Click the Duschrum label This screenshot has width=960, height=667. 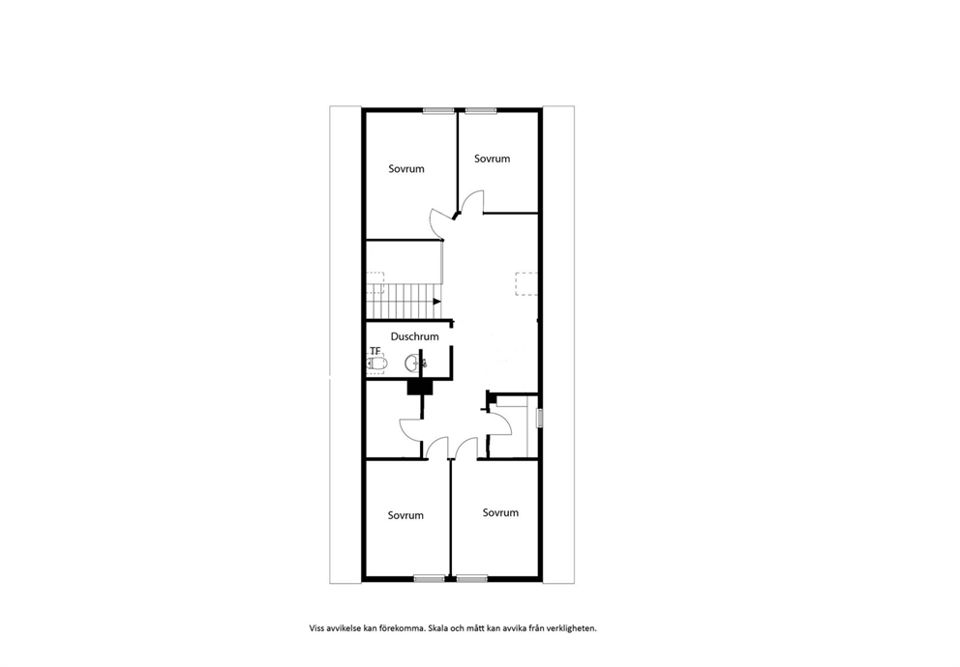click(x=414, y=336)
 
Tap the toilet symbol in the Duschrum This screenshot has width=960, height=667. click(x=376, y=364)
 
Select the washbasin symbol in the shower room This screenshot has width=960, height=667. click(x=412, y=363)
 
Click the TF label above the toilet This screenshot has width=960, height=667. click(x=375, y=351)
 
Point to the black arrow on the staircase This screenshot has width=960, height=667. click(x=437, y=302)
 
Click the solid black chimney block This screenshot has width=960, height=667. click(x=420, y=388)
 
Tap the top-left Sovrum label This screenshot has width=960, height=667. click(x=405, y=169)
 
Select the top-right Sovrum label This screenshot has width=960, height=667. click(x=492, y=159)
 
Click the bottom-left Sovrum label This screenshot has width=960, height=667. click(x=405, y=515)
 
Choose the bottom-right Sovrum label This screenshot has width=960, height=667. click(x=500, y=513)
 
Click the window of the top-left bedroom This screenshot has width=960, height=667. click(x=438, y=110)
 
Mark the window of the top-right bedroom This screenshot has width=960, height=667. click(x=480, y=110)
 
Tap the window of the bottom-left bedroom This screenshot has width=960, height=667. click(x=429, y=578)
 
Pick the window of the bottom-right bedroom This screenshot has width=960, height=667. click(x=472, y=578)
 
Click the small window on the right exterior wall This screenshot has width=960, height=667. click(x=540, y=419)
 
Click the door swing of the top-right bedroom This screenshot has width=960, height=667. click(x=471, y=199)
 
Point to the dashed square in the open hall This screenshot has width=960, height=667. click(x=526, y=284)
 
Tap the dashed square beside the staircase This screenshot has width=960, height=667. click(x=375, y=283)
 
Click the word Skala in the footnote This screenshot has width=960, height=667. click(x=438, y=628)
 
